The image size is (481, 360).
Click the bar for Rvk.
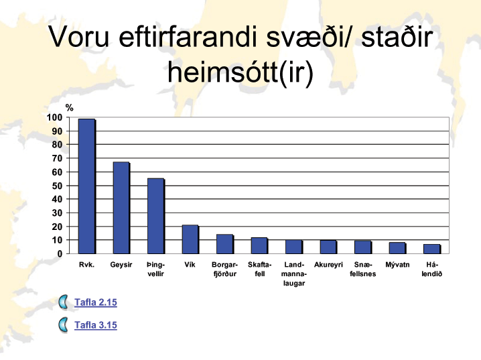(87, 186)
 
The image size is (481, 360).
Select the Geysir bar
(121, 208)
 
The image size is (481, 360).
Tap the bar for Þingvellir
(156, 216)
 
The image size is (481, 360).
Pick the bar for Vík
(190, 239)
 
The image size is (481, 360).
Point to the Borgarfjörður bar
(225, 244)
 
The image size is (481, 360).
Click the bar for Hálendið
(432, 249)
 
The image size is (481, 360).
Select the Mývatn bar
(397, 248)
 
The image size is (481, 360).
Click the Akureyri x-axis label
(328, 265)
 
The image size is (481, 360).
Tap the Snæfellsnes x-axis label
(363, 269)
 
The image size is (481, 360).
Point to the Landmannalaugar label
(294, 274)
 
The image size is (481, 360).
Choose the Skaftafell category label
(259, 269)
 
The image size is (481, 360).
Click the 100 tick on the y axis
(54, 117)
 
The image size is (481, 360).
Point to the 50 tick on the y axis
(57, 186)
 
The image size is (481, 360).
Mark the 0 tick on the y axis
(60, 254)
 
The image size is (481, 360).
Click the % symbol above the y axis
(69, 108)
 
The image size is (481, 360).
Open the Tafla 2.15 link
(96, 302)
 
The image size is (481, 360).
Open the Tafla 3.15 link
(96, 325)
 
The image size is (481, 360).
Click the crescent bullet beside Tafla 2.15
(62, 302)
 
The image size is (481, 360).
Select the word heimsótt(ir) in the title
(240, 72)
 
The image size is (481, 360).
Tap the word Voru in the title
(79, 37)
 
